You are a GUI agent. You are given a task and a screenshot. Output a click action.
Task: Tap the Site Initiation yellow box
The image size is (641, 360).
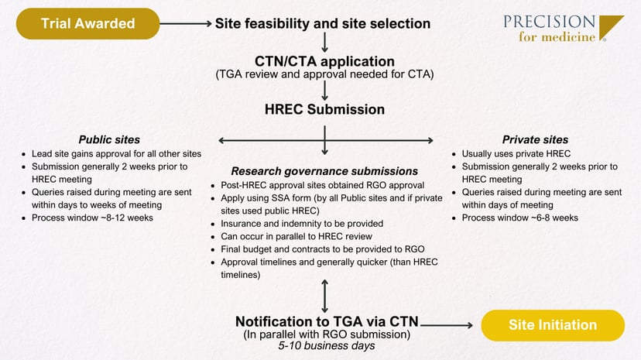pos(553,325)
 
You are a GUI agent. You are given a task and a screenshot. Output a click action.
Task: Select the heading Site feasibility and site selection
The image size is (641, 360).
pos(322,23)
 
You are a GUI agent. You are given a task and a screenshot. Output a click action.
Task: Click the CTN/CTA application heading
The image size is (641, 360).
pos(324,61)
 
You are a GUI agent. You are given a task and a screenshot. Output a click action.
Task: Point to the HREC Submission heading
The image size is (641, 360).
pos(324,111)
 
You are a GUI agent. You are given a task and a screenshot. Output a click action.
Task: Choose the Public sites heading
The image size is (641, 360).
pos(109,140)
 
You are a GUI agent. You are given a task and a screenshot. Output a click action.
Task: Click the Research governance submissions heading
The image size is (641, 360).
pos(325,170)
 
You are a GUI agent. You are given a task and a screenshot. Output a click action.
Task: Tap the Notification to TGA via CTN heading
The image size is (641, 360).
pos(324,321)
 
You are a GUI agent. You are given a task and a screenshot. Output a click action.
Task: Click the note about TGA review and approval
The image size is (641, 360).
pos(324,74)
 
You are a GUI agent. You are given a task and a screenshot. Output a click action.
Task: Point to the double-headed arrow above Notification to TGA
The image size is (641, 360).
pos(324,295)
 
